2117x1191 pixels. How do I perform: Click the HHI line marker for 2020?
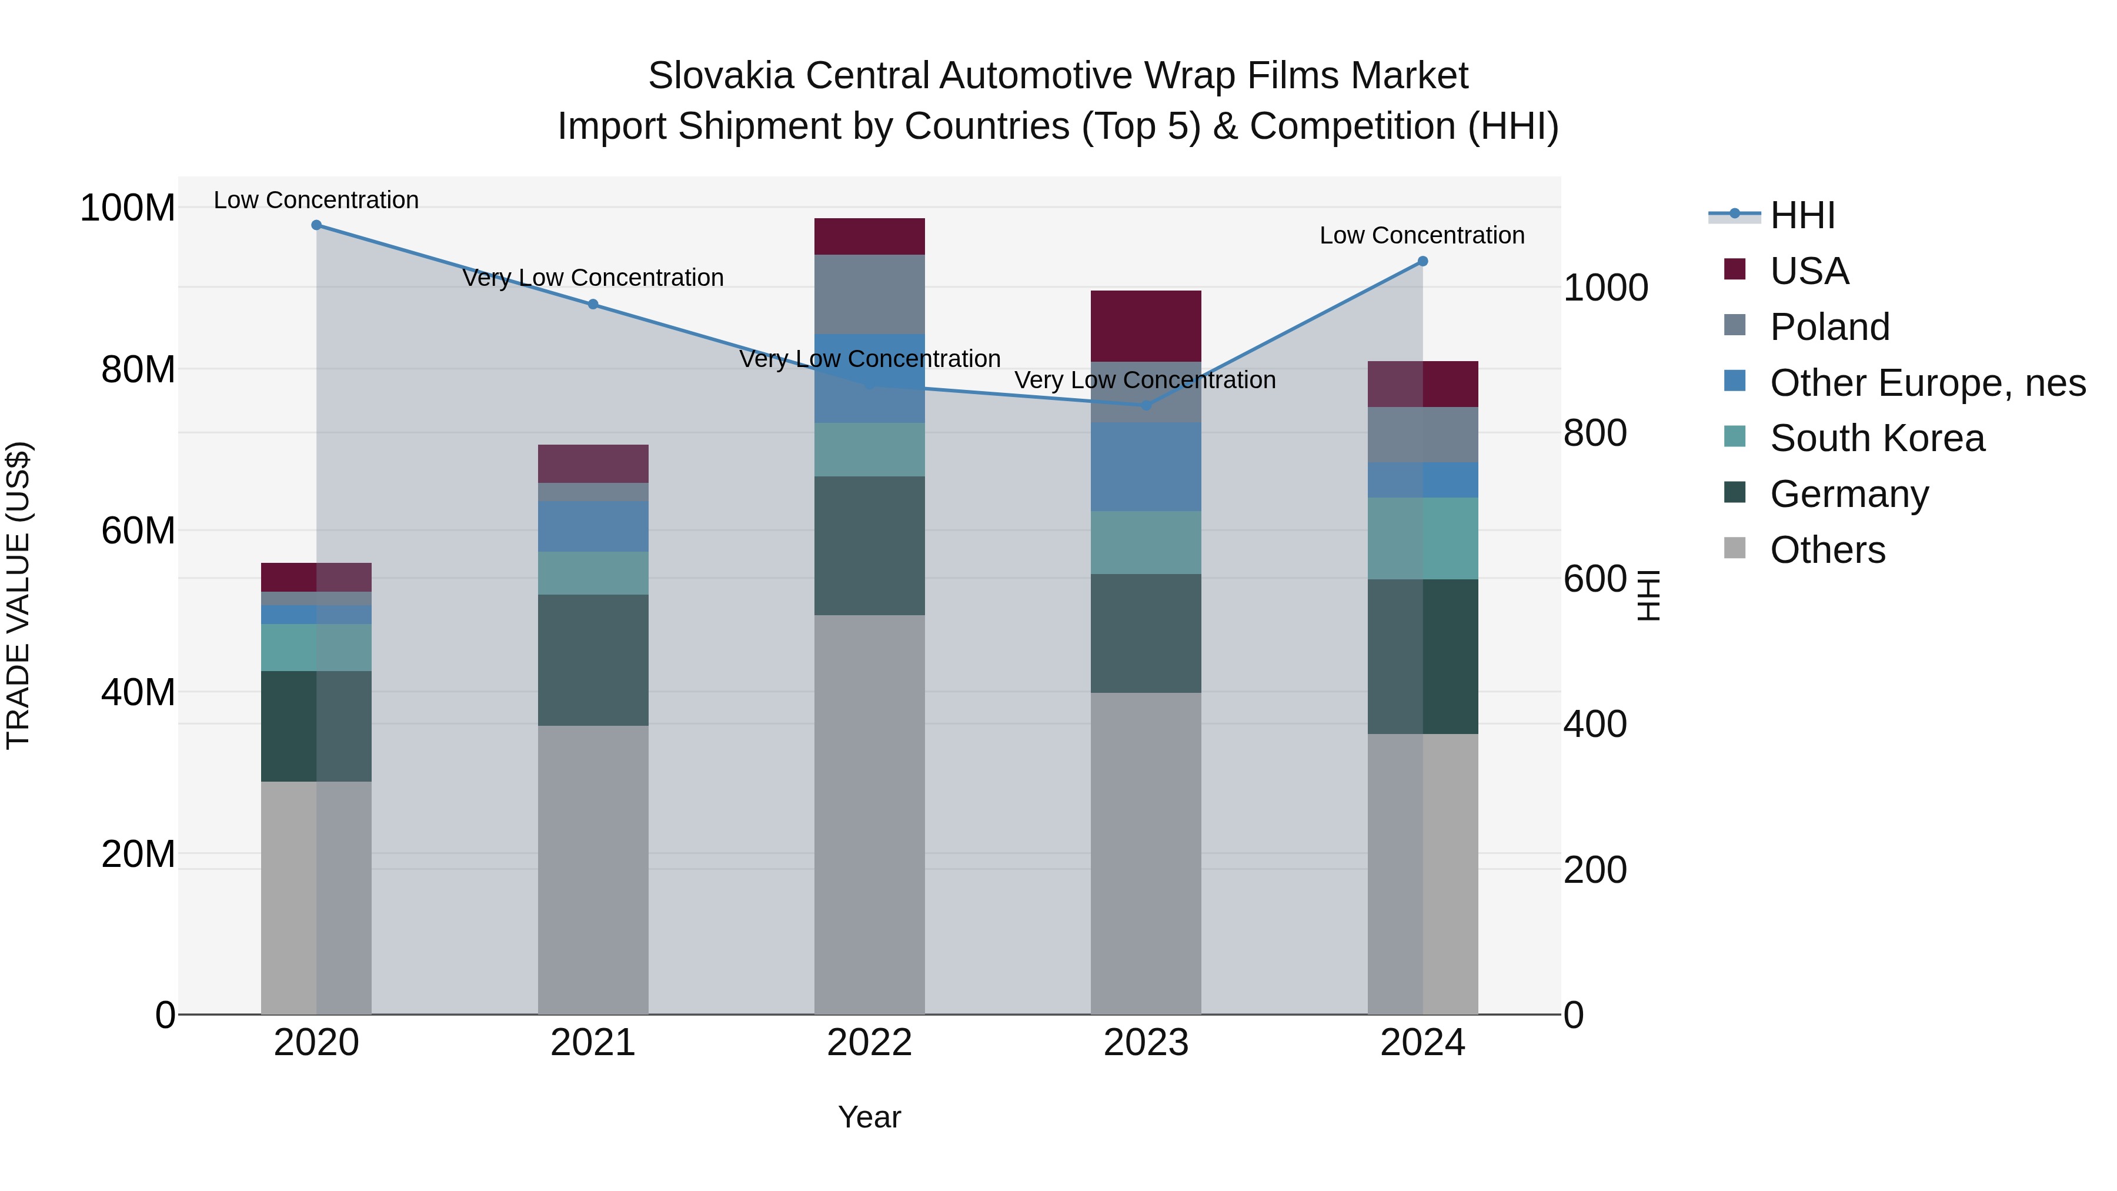pos(316,225)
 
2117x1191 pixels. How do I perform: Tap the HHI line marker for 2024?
pos(1423,261)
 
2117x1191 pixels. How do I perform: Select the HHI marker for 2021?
pos(593,304)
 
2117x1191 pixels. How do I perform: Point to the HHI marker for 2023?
pos(1147,405)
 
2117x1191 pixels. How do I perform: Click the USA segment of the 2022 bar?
pos(870,236)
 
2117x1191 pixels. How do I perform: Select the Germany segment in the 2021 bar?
pos(593,660)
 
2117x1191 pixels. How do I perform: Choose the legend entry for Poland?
pos(1829,327)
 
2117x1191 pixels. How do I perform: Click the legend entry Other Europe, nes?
pos(1927,383)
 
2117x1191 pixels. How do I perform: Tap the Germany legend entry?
pos(1848,494)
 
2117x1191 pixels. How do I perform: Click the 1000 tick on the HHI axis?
pos(1605,289)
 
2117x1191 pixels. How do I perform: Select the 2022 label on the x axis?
pos(870,1043)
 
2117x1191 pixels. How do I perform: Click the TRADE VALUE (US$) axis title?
pos(19,595)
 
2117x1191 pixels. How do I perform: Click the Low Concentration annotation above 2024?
pos(1422,236)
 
